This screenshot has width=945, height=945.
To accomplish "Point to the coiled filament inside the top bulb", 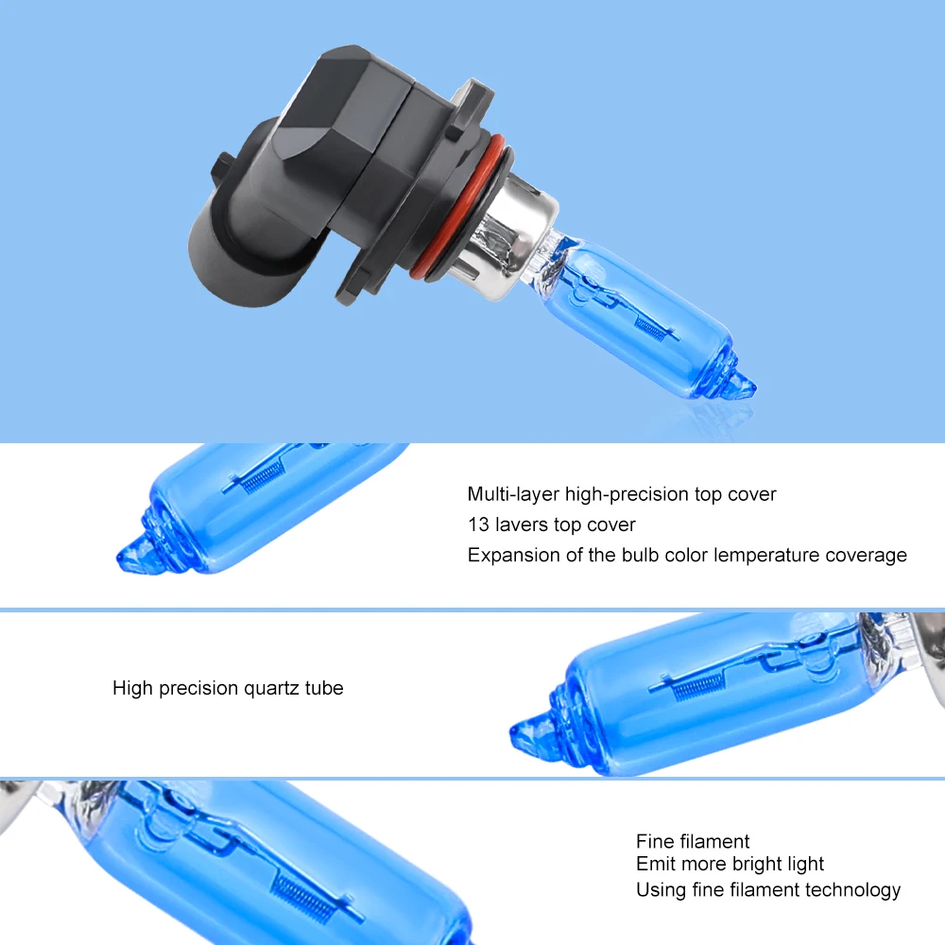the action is [651, 327].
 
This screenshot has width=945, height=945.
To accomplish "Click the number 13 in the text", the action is [478, 524].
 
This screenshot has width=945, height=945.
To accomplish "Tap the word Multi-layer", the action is [513, 495].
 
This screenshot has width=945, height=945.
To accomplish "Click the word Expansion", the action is [513, 556].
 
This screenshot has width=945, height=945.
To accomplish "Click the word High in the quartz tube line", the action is [132, 688].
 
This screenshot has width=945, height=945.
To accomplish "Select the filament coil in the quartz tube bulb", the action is [696, 686].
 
